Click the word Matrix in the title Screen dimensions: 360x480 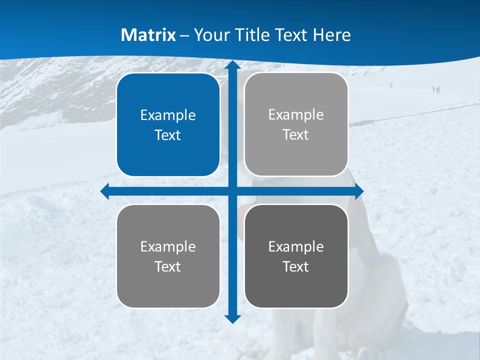[148, 35]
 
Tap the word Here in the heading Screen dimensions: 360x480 [331, 35]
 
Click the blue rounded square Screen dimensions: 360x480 [168, 125]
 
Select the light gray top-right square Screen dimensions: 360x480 [296, 124]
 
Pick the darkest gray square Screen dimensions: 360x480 [296, 256]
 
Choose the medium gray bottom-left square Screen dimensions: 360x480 [168, 256]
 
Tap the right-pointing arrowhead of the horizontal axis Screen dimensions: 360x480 [358, 191]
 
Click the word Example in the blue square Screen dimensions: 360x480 [168, 115]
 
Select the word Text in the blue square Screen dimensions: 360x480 [168, 135]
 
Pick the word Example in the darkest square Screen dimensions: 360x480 [296, 246]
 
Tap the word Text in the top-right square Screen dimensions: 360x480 [296, 135]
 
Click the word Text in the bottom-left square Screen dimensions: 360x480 [168, 267]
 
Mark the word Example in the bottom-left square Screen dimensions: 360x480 [168, 246]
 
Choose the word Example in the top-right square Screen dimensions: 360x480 [296, 115]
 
